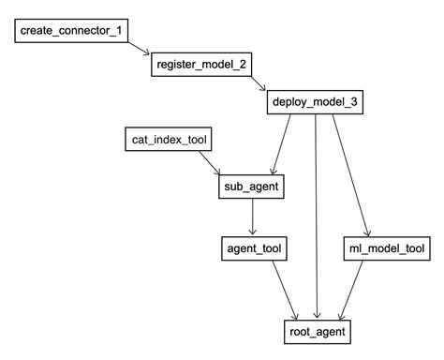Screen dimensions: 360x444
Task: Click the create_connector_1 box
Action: (71, 32)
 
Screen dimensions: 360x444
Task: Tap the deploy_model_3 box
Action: (315, 102)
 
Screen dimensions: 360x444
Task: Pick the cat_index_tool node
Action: (168, 141)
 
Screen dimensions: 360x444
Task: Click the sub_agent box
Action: (250, 187)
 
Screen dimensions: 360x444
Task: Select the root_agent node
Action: (318, 332)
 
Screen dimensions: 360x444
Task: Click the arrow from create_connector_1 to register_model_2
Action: (139, 50)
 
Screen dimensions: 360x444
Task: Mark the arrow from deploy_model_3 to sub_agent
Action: (282, 144)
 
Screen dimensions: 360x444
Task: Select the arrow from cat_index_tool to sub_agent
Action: (208, 163)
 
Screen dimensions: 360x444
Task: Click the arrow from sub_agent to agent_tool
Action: (250, 217)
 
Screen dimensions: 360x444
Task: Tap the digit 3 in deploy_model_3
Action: (352, 102)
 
